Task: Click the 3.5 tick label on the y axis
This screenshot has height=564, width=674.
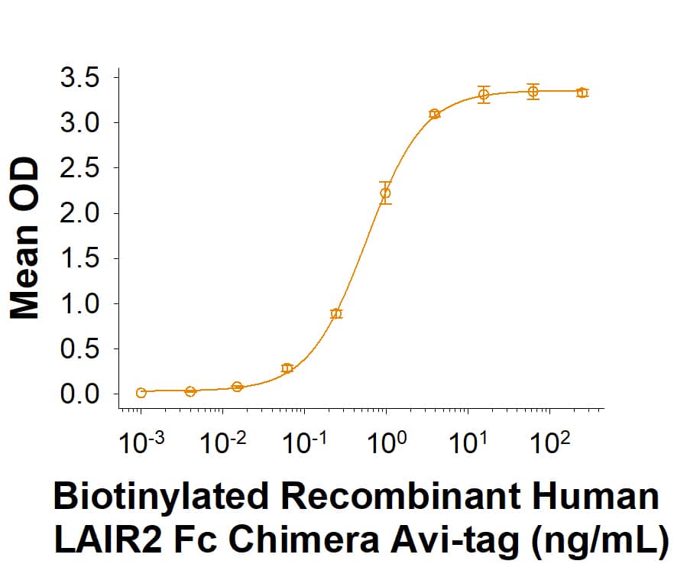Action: click(79, 77)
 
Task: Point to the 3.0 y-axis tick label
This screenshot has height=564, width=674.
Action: click(79, 122)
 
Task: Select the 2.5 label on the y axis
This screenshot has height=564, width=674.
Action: click(79, 168)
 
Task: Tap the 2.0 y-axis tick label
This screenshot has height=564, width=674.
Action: click(79, 213)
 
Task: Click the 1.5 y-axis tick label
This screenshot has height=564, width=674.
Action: click(79, 258)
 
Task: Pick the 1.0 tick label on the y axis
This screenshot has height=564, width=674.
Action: click(79, 304)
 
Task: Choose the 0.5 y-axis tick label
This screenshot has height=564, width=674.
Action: click(79, 349)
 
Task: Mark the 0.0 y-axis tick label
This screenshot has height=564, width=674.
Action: click(79, 394)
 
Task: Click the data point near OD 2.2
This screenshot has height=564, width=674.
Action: click(385, 193)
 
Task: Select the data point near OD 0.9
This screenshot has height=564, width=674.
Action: click(336, 313)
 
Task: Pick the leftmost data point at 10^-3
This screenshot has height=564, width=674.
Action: click(141, 393)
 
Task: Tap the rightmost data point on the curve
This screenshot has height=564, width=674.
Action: click(582, 92)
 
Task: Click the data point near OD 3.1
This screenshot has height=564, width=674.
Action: click(434, 114)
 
